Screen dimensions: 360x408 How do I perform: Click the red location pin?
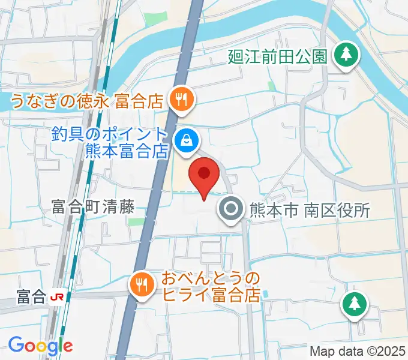click(204, 175)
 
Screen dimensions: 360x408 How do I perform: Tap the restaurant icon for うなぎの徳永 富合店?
click(181, 100)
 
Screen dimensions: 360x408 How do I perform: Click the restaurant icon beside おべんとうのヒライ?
click(142, 283)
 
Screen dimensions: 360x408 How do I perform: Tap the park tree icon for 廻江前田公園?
click(346, 56)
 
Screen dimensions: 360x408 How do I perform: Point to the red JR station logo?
click(58, 296)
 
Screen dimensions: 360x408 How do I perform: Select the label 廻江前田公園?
click(278, 57)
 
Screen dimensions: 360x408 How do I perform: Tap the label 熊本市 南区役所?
click(310, 210)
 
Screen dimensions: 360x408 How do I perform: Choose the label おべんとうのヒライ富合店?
click(210, 287)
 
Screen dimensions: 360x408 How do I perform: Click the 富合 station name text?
click(31, 296)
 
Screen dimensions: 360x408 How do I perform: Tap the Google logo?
click(40, 345)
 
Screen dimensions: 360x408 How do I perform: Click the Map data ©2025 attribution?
click(358, 351)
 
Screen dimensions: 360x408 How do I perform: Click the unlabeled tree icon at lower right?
click(354, 303)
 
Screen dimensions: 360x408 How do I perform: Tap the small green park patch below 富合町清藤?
click(137, 222)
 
